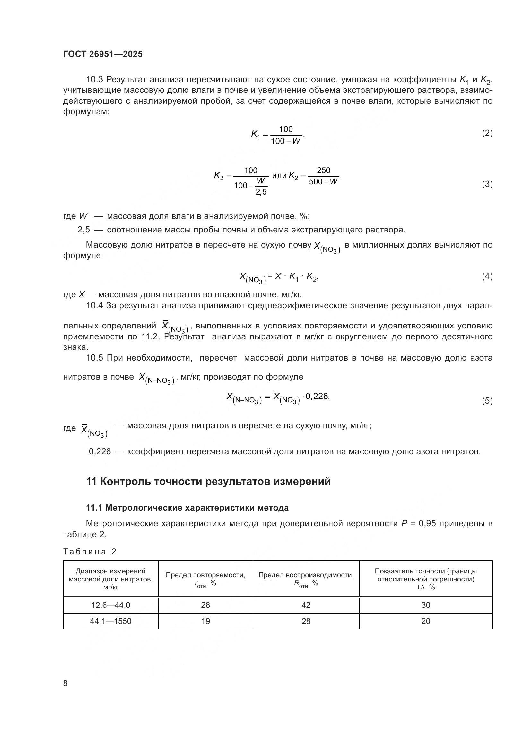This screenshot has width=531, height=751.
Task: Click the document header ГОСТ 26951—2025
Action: (x=103, y=54)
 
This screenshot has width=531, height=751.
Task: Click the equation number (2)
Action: (x=487, y=133)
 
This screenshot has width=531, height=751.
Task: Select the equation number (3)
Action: (x=487, y=184)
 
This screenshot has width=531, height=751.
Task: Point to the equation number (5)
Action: (x=487, y=401)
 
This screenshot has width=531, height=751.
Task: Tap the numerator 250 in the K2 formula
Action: (x=323, y=170)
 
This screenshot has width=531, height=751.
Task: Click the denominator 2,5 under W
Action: (x=261, y=192)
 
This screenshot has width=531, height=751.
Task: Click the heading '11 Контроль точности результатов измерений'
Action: (x=208, y=482)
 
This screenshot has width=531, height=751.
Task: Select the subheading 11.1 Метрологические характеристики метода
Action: (x=187, y=508)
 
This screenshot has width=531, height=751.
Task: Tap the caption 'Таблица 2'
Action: (x=90, y=552)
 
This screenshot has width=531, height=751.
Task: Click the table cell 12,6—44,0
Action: (x=110, y=605)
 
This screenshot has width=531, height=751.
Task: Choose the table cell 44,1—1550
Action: (x=110, y=621)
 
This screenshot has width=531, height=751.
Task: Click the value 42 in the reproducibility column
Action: (x=306, y=605)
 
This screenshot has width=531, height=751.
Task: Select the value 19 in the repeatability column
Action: (x=205, y=621)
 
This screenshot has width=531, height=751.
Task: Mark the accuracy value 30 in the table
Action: (x=425, y=605)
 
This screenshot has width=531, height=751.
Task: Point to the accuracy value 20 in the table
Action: (x=425, y=621)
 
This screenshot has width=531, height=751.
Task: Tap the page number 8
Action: (x=65, y=683)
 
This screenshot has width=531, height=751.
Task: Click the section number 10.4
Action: (x=94, y=305)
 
